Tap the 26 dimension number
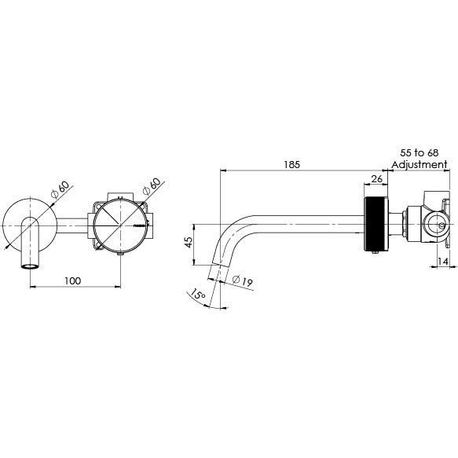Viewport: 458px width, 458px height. click(x=376, y=180)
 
